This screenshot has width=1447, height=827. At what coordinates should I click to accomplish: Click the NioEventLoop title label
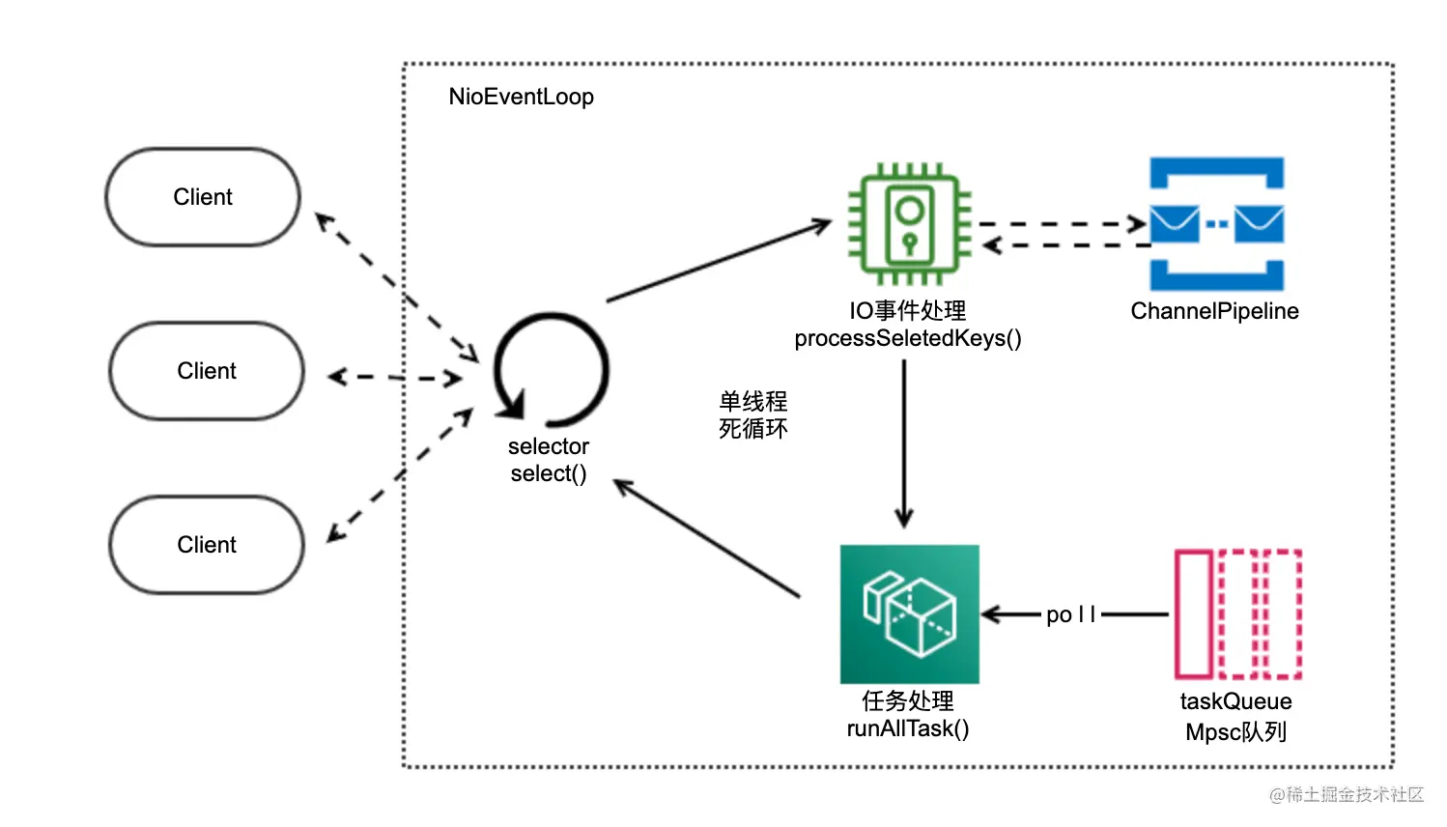click(521, 97)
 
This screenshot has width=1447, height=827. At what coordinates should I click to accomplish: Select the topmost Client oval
click(203, 197)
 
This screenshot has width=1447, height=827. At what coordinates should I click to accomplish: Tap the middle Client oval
click(207, 371)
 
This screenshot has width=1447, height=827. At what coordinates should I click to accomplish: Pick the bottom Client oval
click(207, 545)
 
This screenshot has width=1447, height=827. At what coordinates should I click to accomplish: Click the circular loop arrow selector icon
click(551, 370)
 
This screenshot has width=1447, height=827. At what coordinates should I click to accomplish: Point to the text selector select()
click(549, 460)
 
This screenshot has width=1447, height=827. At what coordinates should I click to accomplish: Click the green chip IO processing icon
click(908, 224)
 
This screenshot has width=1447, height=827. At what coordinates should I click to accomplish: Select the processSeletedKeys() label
click(908, 338)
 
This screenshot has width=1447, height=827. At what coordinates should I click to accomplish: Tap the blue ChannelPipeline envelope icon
click(1216, 224)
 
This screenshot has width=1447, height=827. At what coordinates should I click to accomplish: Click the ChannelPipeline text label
click(1214, 311)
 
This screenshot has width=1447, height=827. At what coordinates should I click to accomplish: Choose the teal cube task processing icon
click(909, 613)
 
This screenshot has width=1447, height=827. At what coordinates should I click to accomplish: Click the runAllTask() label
click(908, 728)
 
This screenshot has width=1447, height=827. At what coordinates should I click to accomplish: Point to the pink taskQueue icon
click(1237, 613)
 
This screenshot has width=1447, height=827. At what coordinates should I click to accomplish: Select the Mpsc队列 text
click(1235, 732)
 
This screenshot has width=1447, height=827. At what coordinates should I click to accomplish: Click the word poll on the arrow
click(1070, 614)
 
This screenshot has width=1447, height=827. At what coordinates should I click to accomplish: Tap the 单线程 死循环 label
click(752, 414)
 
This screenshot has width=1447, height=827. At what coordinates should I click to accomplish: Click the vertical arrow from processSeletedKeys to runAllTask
click(904, 444)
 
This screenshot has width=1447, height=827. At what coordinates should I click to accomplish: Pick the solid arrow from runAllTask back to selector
click(708, 539)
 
